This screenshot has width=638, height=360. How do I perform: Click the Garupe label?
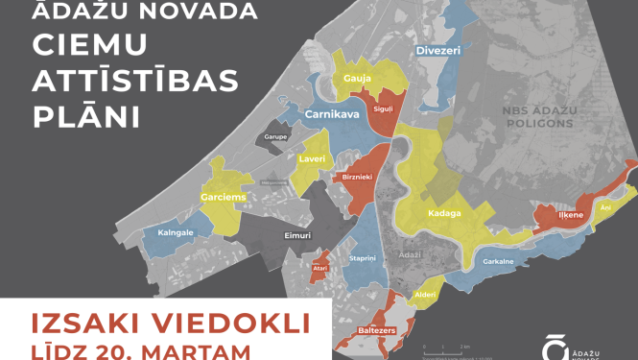270,136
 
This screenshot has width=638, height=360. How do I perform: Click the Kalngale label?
169,232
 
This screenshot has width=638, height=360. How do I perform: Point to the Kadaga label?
445,212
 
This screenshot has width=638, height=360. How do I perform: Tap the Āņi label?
604,207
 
